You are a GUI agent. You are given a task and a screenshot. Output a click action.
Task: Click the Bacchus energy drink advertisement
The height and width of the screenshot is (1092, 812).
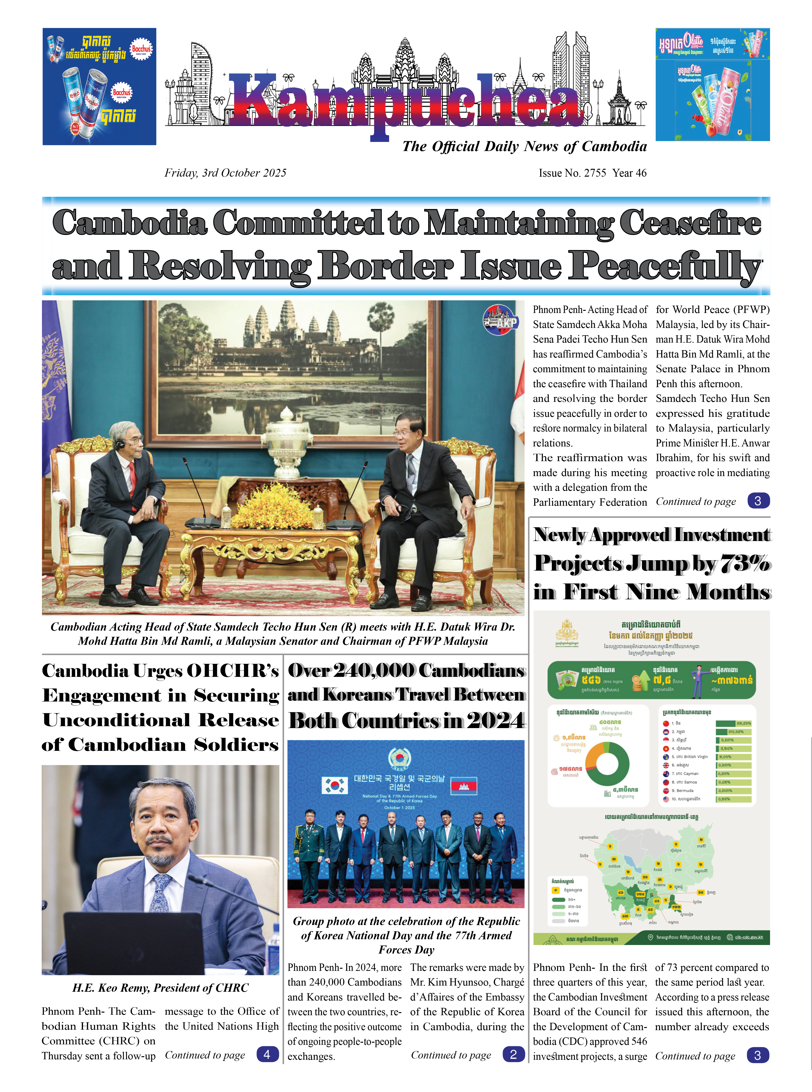[x=99, y=87]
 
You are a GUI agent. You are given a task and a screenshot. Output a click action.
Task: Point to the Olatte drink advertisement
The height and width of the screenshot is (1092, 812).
[x=712, y=85]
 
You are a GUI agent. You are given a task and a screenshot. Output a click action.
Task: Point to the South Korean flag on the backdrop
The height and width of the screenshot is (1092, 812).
[x=334, y=785]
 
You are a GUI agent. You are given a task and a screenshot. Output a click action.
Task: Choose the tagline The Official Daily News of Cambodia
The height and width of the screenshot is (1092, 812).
[x=524, y=147]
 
